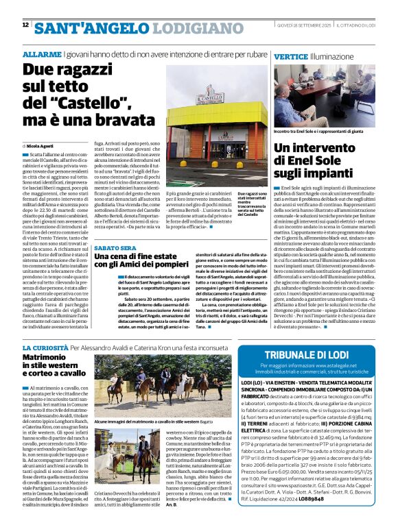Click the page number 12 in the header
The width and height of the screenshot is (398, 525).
(25, 25)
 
